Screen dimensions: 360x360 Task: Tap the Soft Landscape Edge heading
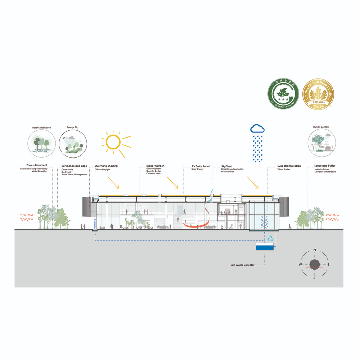click(x=75, y=166)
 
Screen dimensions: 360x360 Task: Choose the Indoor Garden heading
click(x=155, y=166)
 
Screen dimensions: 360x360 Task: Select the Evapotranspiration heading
click(x=289, y=166)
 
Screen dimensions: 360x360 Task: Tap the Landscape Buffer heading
click(x=325, y=166)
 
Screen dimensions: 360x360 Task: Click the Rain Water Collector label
click(x=242, y=265)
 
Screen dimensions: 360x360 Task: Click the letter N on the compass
click(x=315, y=250)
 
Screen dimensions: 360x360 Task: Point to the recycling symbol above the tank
click(x=270, y=238)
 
